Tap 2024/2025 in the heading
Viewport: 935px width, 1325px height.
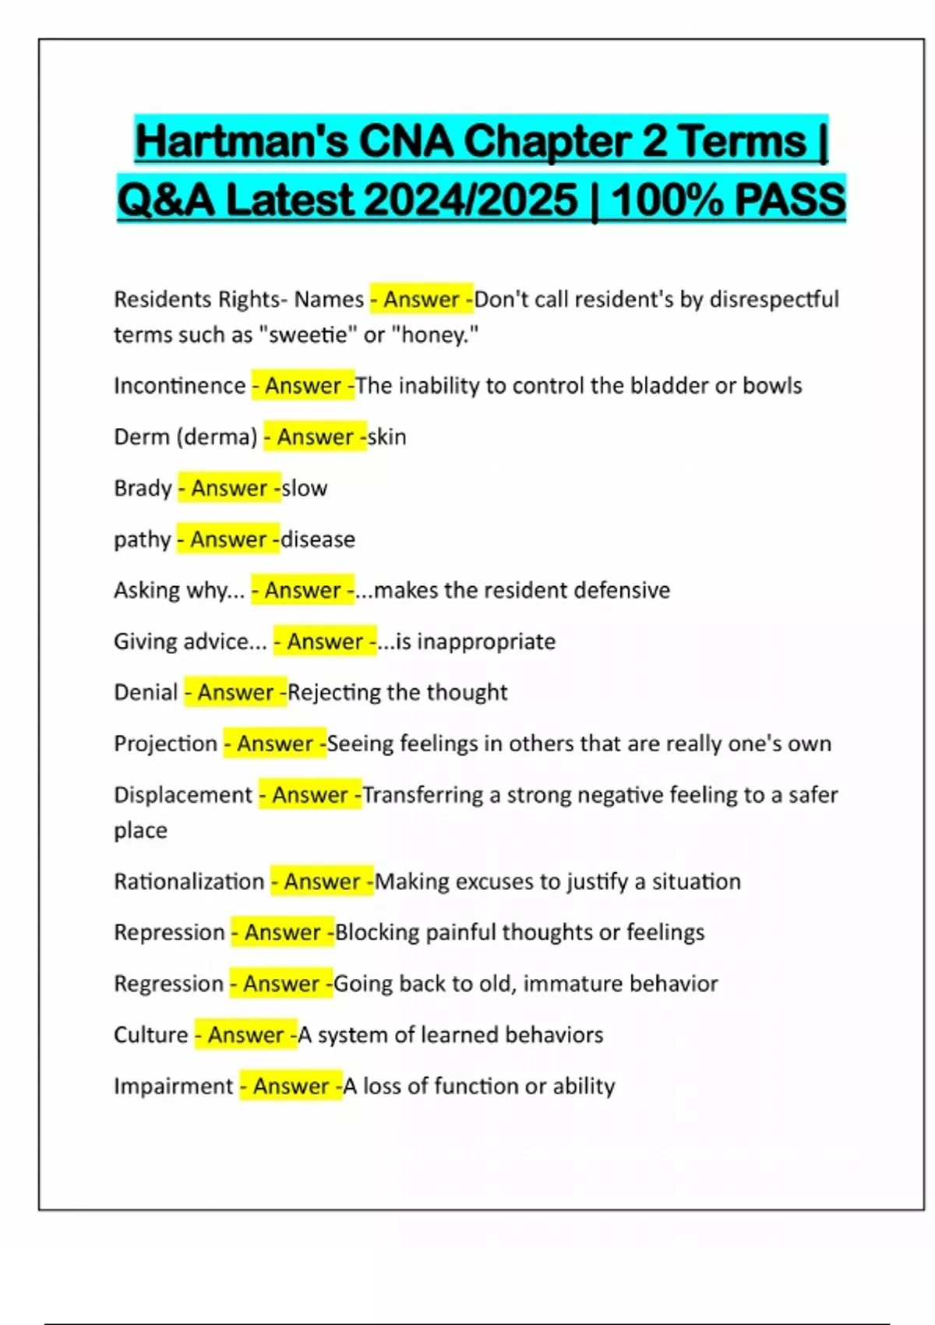[471, 200]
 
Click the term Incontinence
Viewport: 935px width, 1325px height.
[180, 386]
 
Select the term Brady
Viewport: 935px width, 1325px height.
[143, 488]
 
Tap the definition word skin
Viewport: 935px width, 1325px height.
[387, 437]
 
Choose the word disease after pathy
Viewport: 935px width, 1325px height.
[318, 539]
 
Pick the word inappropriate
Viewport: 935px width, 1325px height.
[476, 641]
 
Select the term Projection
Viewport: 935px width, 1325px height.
[165, 744]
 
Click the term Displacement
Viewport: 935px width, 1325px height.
[183, 795]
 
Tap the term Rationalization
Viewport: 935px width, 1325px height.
[189, 882]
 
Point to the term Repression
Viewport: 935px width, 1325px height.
[169, 932]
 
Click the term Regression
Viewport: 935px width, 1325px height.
[168, 984]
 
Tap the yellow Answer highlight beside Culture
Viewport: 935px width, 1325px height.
[246, 1035]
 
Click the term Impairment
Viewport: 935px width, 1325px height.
[173, 1086]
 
